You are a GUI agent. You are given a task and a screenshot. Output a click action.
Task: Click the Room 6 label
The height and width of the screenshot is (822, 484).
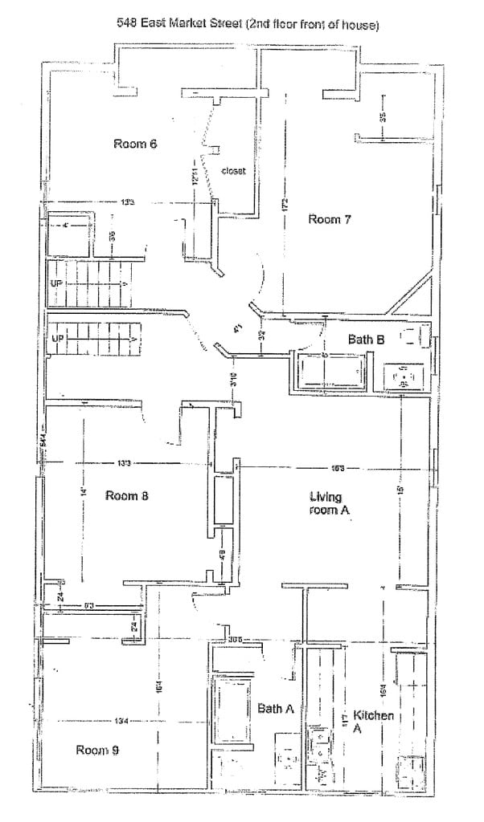click(x=134, y=144)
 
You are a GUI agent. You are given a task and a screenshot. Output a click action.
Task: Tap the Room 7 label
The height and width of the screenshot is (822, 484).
click(x=330, y=219)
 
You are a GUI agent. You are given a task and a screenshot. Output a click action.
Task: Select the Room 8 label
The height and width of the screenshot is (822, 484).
click(x=128, y=495)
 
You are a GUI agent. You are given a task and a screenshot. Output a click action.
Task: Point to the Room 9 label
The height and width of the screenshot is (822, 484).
click(x=98, y=750)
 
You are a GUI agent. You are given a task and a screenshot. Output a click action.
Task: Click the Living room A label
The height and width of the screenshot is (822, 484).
click(x=331, y=503)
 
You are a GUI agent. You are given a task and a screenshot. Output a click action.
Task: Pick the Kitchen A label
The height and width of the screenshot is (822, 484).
click(x=371, y=721)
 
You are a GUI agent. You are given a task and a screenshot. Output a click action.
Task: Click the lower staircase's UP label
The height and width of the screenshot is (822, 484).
click(x=57, y=339)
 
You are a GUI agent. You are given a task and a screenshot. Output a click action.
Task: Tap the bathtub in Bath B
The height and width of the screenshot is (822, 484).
click(x=331, y=372)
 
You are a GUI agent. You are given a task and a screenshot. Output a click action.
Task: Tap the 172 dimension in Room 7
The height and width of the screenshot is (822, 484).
click(x=284, y=205)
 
